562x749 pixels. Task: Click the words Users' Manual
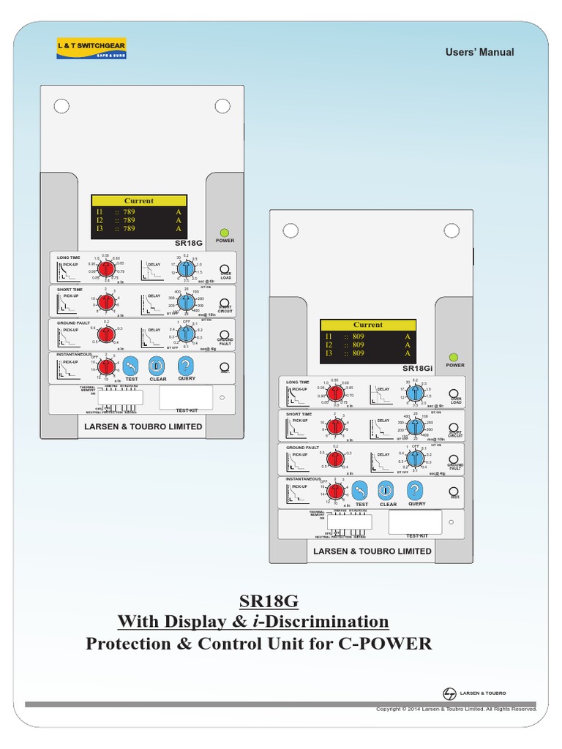click(480, 52)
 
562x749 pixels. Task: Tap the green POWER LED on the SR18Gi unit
click(454, 356)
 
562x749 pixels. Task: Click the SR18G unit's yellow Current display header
click(139, 200)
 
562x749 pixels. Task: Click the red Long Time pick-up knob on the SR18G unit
click(105, 268)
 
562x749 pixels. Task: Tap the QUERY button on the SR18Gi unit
click(416, 491)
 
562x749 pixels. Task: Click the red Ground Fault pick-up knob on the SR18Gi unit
click(334, 459)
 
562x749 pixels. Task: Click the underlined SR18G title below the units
click(269, 601)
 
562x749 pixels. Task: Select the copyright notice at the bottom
click(456, 709)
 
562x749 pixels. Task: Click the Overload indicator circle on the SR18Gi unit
click(454, 394)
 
